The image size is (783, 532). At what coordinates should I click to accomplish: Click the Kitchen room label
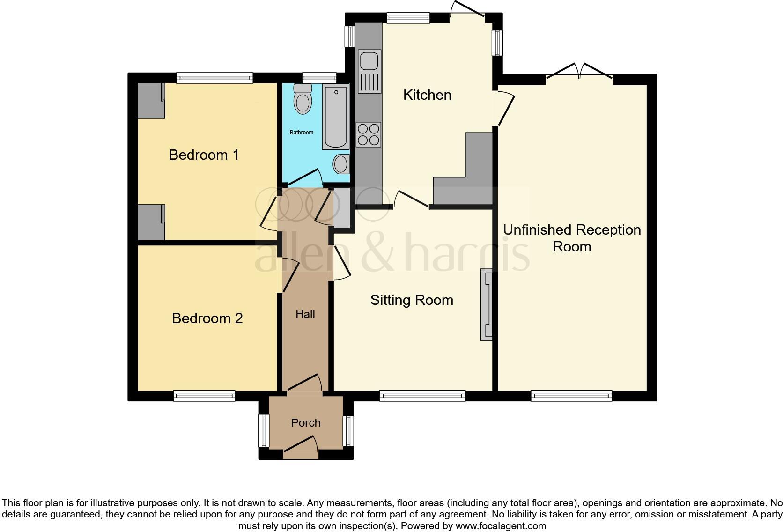427,95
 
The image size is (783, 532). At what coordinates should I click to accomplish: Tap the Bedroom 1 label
204,155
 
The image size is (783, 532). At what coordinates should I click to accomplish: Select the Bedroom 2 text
207,318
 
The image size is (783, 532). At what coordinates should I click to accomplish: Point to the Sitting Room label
412,300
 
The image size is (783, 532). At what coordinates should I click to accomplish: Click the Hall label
305,314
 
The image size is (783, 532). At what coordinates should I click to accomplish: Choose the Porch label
306,423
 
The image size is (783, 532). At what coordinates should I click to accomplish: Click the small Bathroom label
301,133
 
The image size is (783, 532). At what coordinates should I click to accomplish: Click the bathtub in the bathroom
336,117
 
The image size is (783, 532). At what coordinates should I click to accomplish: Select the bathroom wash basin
340,164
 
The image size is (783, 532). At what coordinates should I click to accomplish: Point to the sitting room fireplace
486,304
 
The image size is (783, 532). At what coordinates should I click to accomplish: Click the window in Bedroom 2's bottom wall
204,396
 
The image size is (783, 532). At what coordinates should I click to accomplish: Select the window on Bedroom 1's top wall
214,78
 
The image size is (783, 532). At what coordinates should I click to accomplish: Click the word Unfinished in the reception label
537,230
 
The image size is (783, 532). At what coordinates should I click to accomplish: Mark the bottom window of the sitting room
422,396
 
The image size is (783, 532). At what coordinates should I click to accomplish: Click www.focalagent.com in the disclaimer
501,526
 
